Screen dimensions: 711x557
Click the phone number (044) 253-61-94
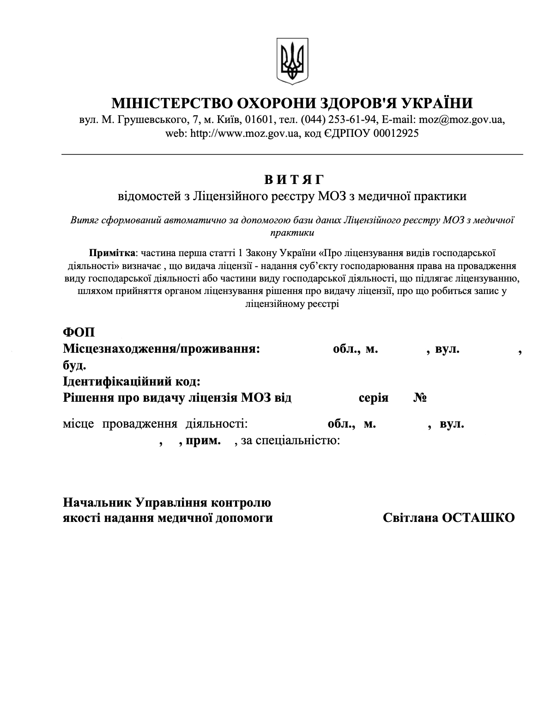click(339, 119)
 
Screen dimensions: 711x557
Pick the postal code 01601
click(260, 119)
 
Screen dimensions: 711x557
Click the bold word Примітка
click(112, 253)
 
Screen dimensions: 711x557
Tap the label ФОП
click(78, 333)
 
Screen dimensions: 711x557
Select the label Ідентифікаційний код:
click(132, 381)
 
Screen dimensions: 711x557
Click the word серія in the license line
click(374, 398)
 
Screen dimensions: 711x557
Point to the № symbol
click(419, 398)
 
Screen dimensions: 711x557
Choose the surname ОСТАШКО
click(478, 518)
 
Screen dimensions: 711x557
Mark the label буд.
click(74, 366)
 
